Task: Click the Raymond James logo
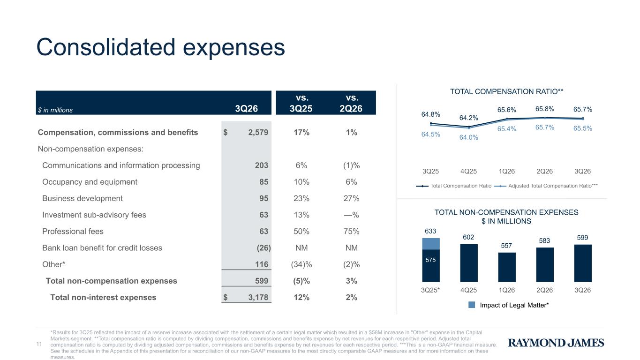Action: (x=556, y=343)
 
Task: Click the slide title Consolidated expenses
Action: (x=160, y=47)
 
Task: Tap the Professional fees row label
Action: (x=73, y=232)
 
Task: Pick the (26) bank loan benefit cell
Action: (x=264, y=247)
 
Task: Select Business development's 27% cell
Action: (x=352, y=198)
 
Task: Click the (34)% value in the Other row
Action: (x=301, y=264)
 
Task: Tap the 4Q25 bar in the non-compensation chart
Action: (x=469, y=263)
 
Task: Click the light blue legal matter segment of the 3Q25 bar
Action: (x=431, y=244)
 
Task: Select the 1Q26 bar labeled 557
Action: (x=507, y=267)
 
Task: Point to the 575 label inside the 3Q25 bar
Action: (x=430, y=260)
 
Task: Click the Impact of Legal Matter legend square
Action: (x=472, y=305)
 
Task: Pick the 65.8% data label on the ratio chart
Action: (x=544, y=109)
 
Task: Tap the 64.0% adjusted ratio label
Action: (x=468, y=137)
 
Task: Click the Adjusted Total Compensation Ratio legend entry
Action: (x=546, y=186)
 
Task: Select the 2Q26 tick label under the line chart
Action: (x=544, y=172)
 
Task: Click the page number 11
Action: (x=39, y=344)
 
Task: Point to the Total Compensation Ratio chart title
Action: (x=506, y=92)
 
